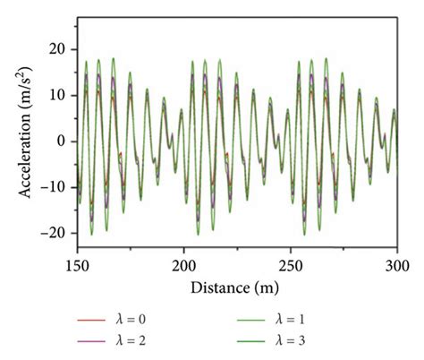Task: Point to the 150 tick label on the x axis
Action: pyautogui.click(x=77, y=266)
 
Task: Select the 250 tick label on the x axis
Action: pyautogui.click(x=291, y=266)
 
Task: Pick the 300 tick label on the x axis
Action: pyautogui.click(x=396, y=266)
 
